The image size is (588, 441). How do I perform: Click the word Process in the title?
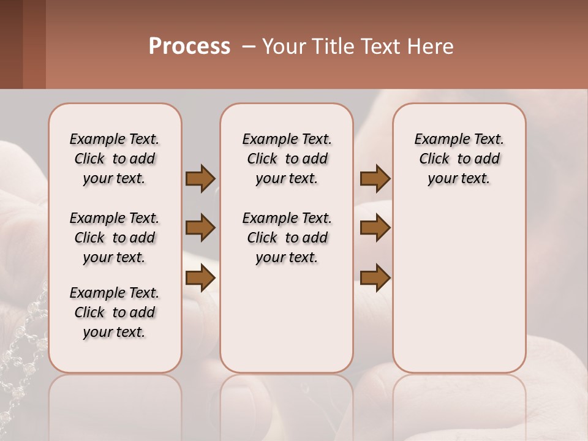pyautogui.click(x=189, y=46)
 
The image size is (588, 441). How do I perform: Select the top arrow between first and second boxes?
pyautogui.click(x=200, y=178)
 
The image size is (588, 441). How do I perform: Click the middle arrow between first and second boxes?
pyautogui.click(x=200, y=228)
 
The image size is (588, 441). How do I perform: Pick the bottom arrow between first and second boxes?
pyautogui.click(x=200, y=278)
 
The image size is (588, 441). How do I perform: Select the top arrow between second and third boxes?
pyautogui.click(x=375, y=178)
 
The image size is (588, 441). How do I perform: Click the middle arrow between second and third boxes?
pyautogui.click(x=375, y=228)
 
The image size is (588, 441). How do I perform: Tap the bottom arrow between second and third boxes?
pyautogui.click(x=375, y=278)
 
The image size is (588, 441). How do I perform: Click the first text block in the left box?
pyautogui.click(x=115, y=159)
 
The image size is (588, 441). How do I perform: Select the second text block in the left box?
pyautogui.click(x=115, y=238)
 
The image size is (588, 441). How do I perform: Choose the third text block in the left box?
pyautogui.click(x=115, y=312)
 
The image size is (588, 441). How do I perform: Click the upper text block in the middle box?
pyautogui.click(x=287, y=159)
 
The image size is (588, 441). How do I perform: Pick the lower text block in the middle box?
pyautogui.click(x=287, y=238)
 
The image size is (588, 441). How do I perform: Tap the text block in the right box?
pyautogui.click(x=459, y=159)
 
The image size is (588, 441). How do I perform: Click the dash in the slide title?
pyautogui.click(x=249, y=47)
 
